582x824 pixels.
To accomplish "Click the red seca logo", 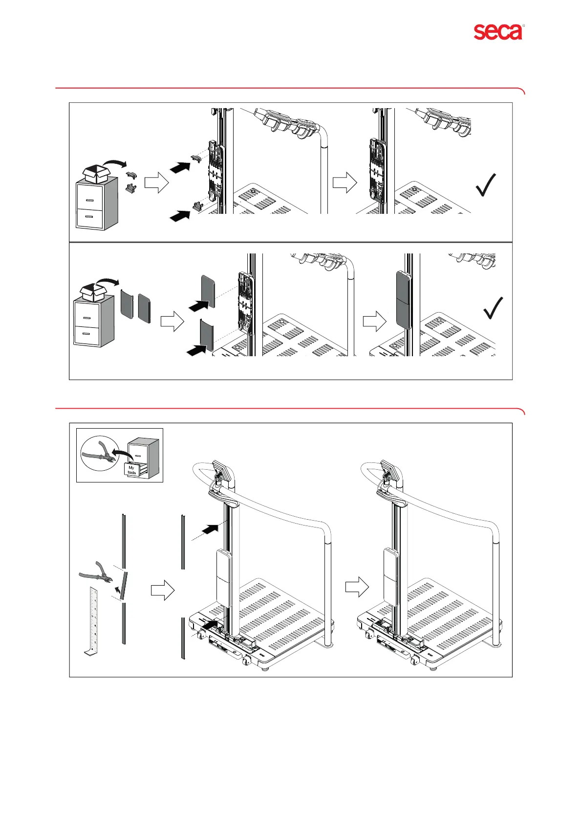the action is pos(498,32).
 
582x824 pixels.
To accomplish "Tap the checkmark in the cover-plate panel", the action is pos(493,308).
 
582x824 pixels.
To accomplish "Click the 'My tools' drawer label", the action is pos(132,470).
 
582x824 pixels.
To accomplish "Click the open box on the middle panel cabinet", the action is pos(94,292).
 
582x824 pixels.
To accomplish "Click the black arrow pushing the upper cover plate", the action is pos(199,306).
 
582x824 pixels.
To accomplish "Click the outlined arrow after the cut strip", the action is pos(162,590).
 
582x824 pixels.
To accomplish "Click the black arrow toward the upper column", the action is pos(211,529).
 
